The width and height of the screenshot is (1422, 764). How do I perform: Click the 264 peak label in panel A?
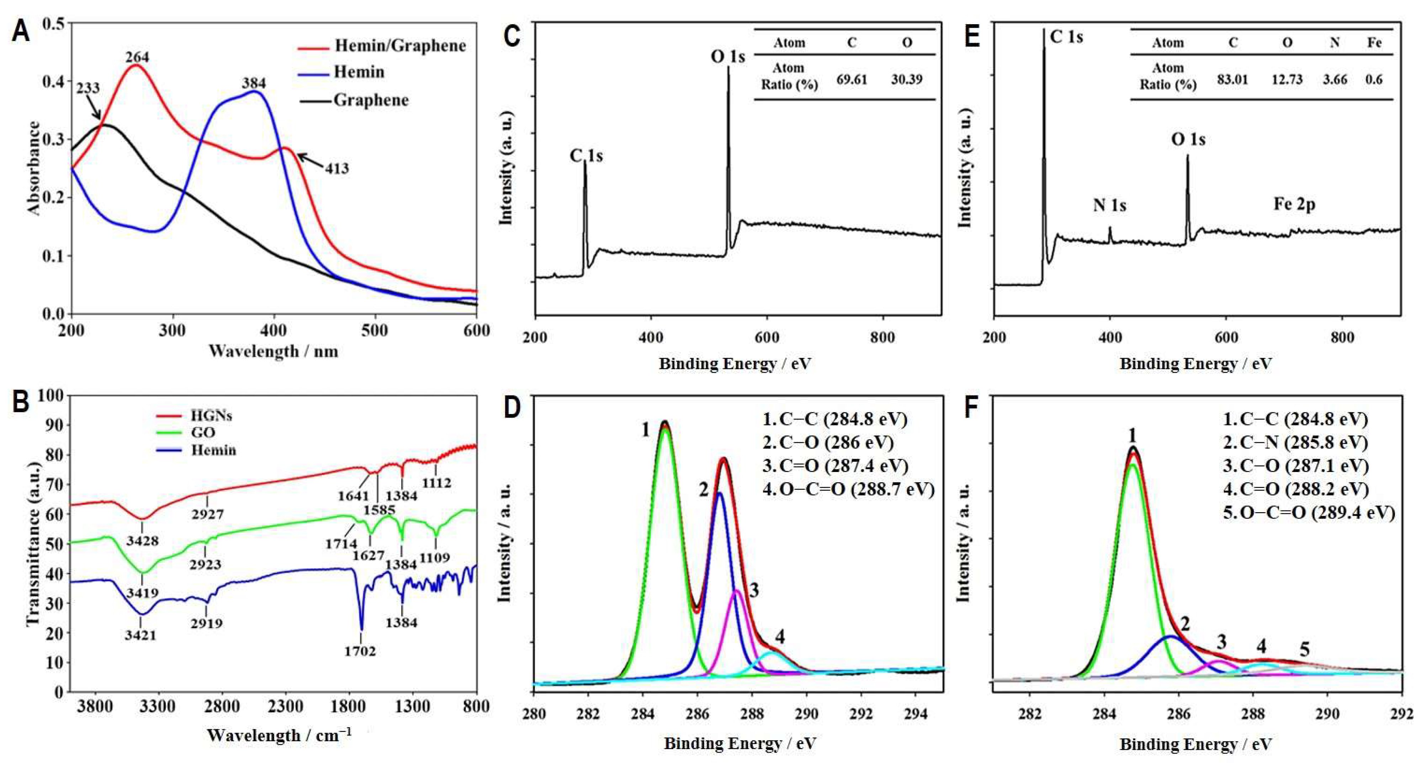[x=137, y=57]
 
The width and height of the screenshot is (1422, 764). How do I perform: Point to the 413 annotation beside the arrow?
[x=336, y=168]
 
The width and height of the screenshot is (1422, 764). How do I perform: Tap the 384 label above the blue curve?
[x=253, y=83]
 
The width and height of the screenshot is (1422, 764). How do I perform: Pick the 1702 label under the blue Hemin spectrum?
[x=360, y=651]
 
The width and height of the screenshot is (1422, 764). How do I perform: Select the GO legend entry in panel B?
[x=203, y=433]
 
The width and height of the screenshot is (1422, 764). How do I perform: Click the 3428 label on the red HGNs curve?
[x=142, y=541]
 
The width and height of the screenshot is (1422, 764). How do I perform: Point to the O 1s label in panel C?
[x=728, y=56]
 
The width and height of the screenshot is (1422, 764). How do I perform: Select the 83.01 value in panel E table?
[x=1232, y=79]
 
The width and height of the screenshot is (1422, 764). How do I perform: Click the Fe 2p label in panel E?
[x=1294, y=204]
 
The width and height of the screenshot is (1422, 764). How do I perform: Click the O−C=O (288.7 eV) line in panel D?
[x=848, y=490]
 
